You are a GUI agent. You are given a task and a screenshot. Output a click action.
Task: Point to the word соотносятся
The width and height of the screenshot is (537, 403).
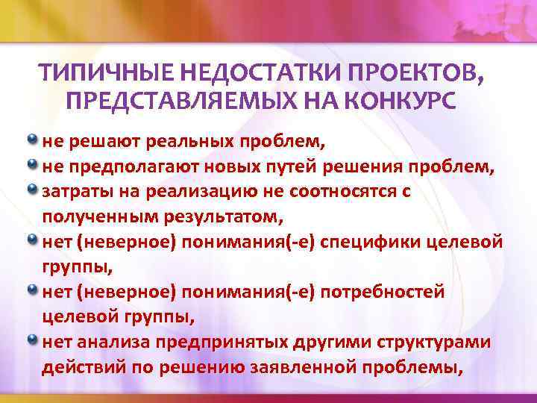click(340, 191)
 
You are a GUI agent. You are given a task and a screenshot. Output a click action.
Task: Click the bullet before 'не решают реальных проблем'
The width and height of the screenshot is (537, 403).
click(33, 139)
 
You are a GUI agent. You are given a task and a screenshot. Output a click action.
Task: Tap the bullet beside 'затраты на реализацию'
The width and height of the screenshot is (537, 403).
click(33, 190)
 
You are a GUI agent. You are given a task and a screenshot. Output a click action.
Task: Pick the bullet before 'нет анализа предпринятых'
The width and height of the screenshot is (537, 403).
click(33, 340)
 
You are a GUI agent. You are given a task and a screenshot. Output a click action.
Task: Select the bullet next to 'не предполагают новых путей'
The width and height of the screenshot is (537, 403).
click(33, 164)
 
